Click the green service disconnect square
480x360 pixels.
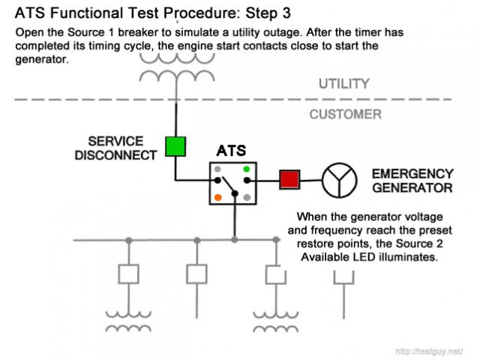tap(175, 145)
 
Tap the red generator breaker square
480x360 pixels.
tap(289, 180)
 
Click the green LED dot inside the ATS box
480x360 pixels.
tap(246, 169)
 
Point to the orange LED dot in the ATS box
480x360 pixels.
tap(218, 197)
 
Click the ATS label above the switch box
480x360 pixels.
tap(231, 151)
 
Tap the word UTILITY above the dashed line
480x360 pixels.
tap(344, 83)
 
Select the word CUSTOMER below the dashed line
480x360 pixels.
tap(345, 115)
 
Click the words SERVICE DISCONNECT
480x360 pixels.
tap(123, 148)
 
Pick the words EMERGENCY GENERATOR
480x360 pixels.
tap(412, 181)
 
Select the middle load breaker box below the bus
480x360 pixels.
tap(196, 274)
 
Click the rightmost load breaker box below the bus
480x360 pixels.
tap(274, 274)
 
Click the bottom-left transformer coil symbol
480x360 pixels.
tap(128, 320)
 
